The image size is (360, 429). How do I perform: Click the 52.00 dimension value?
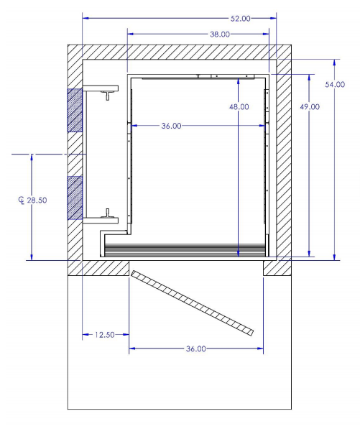click(x=241, y=19)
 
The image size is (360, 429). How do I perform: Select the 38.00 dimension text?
click(x=220, y=34)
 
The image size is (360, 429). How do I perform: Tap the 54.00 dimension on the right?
click(x=335, y=85)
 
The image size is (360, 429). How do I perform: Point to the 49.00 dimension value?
click(x=310, y=107)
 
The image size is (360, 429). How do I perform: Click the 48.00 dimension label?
click(x=239, y=107)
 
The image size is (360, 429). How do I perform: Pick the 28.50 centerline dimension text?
click(x=37, y=200)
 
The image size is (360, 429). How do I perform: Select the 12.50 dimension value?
click(x=105, y=335)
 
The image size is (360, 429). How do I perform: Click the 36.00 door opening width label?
click(x=196, y=349)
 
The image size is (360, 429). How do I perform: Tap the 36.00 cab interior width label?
click(x=171, y=126)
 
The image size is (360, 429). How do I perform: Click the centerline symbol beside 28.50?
click(x=22, y=200)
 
